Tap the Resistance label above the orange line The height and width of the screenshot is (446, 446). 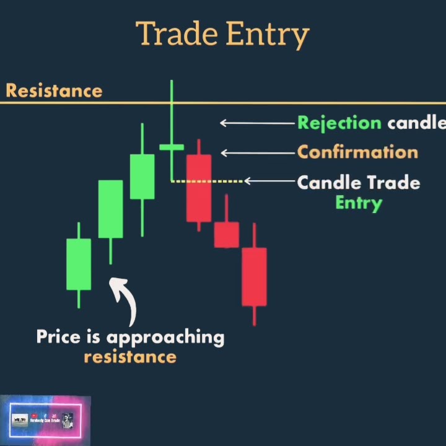54,91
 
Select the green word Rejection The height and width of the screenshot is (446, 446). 339,123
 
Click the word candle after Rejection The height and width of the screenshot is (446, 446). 416,123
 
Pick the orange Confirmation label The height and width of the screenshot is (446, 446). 357,152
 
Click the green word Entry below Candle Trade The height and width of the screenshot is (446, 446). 359,203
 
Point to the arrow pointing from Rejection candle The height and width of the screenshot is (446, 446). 256,123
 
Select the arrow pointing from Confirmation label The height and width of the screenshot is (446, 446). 258,153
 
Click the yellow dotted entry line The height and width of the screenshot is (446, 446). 208,181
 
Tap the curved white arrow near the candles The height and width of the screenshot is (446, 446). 126,300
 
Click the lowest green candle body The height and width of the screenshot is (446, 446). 79,264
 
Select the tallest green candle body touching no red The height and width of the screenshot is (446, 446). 110,209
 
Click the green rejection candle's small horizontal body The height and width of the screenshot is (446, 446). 172,147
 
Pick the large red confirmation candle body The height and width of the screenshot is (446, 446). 199,188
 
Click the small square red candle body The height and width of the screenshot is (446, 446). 226,235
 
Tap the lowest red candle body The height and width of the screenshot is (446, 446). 254,276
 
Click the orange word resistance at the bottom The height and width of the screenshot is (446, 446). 130,357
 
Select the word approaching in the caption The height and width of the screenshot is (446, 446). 165,338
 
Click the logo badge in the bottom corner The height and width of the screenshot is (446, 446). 45,421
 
